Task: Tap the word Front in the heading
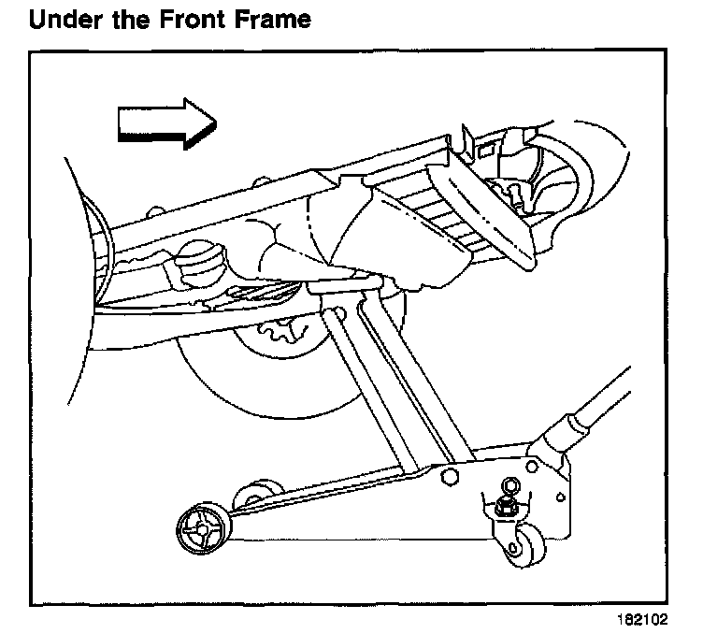point(196,20)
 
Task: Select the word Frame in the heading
point(273,20)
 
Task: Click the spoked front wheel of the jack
point(200,530)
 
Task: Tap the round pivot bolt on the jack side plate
point(446,479)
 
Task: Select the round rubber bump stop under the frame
point(198,264)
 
